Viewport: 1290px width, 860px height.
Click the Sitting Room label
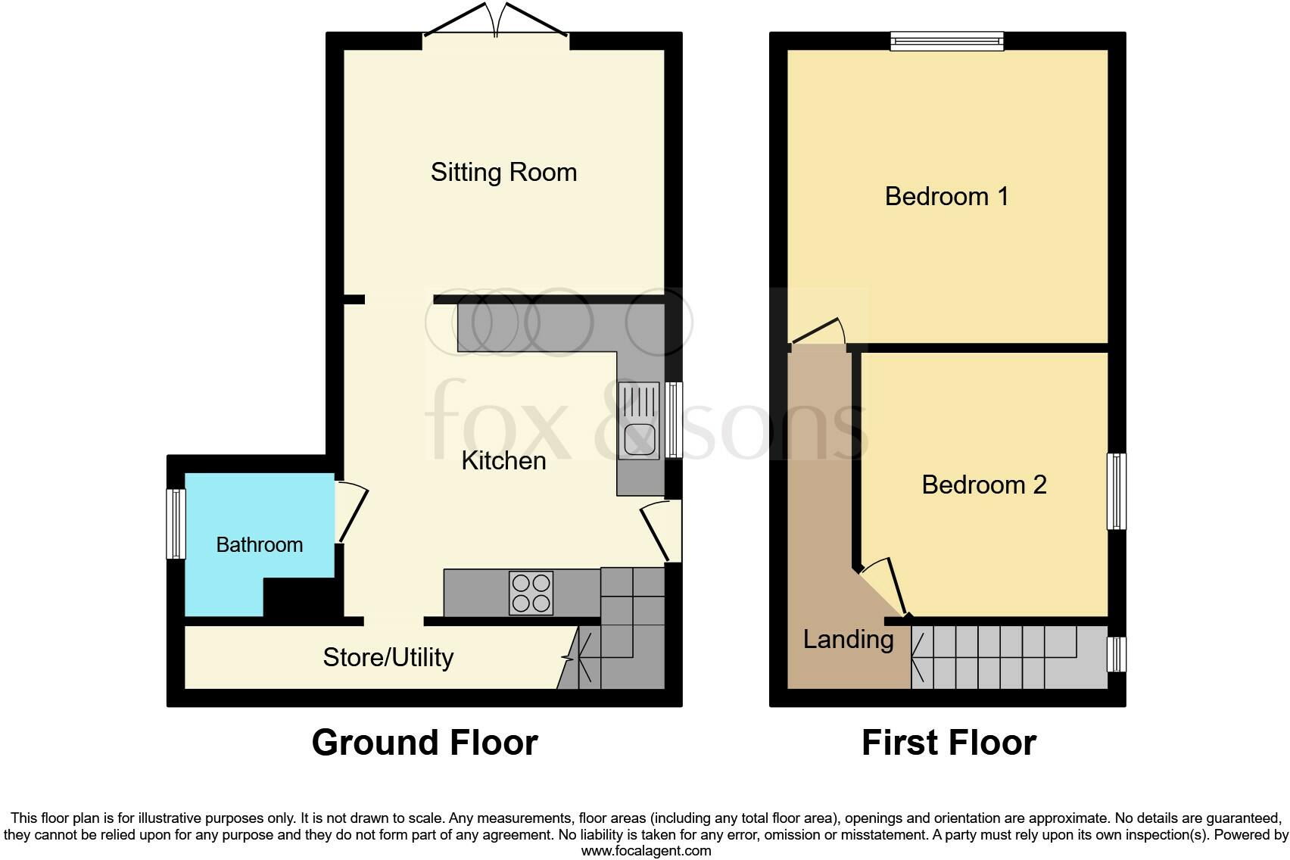[504, 173]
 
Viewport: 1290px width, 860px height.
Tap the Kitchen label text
[504, 461]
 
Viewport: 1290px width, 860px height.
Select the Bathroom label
[260, 544]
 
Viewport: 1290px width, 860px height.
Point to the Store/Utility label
[388, 657]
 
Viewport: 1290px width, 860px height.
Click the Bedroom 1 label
[947, 196]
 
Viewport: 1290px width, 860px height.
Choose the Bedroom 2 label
[984, 485]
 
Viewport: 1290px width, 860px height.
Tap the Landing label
[849, 640]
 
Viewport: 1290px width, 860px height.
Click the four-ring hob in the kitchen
[531, 593]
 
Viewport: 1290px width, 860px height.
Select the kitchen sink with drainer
[639, 420]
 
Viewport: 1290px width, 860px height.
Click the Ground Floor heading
[425, 743]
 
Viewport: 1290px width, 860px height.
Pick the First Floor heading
[949, 743]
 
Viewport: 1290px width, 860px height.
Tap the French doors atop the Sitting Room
[496, 20]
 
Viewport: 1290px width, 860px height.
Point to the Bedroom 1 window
[947, 41]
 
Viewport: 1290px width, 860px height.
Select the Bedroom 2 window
[1117, 491]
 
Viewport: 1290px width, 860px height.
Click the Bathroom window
[176, 524]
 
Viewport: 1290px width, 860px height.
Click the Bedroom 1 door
[818, 332]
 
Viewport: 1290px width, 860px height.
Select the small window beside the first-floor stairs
[1117, 654]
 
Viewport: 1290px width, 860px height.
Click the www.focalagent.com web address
[647, 851]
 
